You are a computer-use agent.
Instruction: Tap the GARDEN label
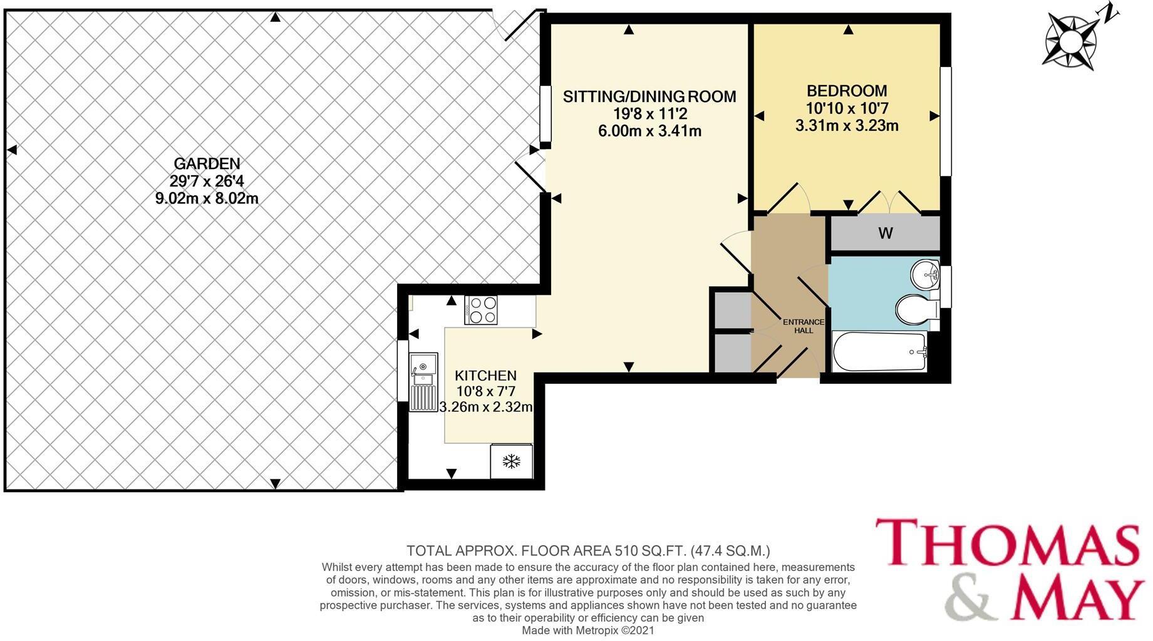click(x=207, y=164)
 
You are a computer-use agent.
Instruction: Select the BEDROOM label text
click(x=847, y=91)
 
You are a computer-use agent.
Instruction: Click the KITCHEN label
click(x=485, y=376)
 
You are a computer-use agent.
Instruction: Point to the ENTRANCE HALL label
click(x=804, y=326)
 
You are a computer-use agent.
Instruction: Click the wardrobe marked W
click(x=885, y=233)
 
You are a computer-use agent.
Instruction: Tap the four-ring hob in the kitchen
click(x=481, y=310)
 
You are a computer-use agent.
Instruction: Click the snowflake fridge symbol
click(x=512, y=462)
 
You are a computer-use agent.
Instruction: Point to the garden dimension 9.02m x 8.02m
click(x=207, y=199)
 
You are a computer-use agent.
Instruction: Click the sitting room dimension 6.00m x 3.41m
click(x=649, y=131)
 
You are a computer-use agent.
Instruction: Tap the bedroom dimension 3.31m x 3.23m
click(x=847, y=126)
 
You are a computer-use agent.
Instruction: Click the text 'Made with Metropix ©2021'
click(x=588, y=630)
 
